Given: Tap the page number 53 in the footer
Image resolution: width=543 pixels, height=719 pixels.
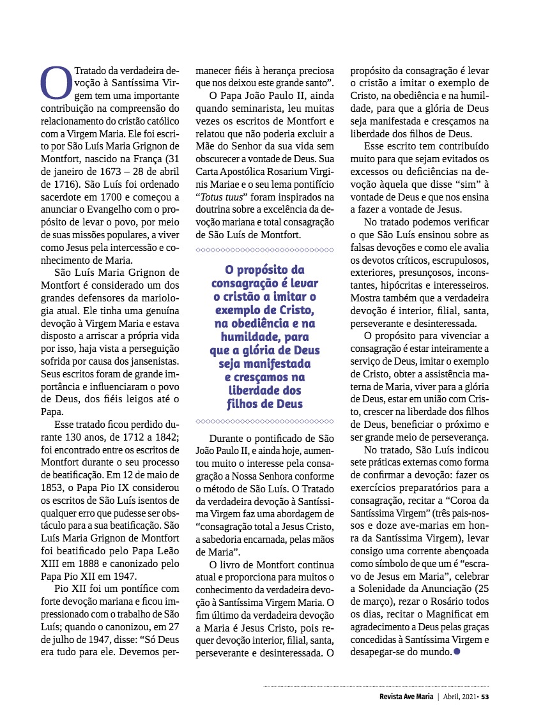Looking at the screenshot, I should (485, 696).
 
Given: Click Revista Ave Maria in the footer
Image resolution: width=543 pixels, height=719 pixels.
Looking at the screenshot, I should (406, 696).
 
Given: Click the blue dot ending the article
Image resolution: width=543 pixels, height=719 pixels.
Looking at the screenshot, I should (456, 651).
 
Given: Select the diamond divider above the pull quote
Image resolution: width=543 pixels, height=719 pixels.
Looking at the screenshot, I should (264, 250).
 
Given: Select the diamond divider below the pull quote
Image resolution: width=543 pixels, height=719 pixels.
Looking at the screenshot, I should (264, 421).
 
